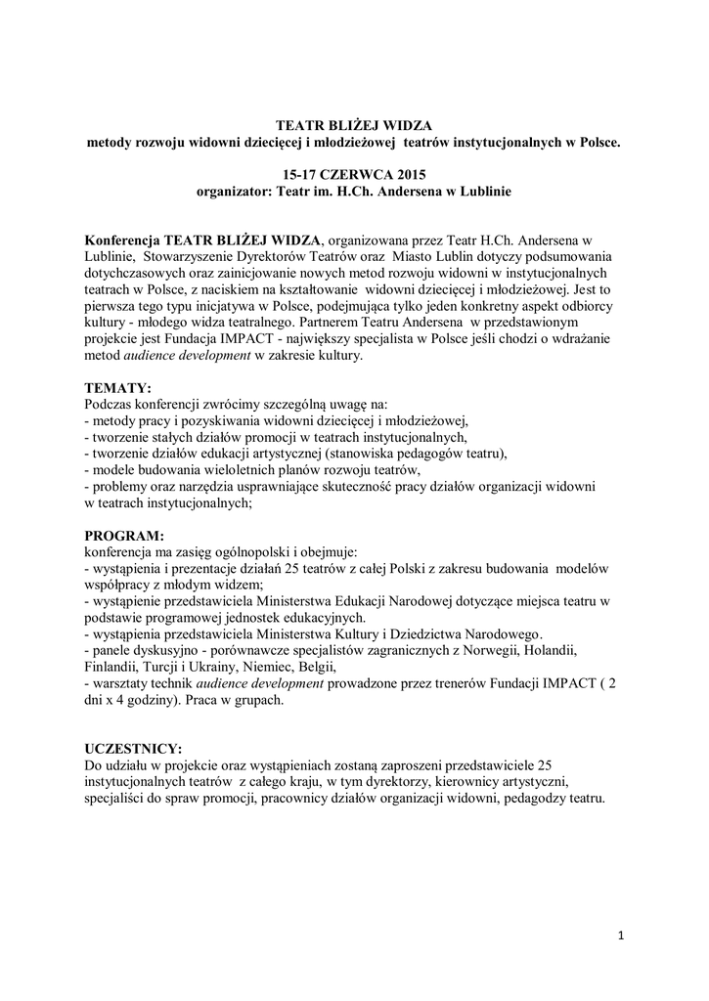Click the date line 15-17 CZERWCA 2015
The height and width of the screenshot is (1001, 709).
[354, 174]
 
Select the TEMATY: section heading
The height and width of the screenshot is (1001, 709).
[118, 387]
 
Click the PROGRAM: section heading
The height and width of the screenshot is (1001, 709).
[124, 536]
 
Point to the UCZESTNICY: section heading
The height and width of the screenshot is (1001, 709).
[133, 748]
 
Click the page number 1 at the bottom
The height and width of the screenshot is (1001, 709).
[620, 936]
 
